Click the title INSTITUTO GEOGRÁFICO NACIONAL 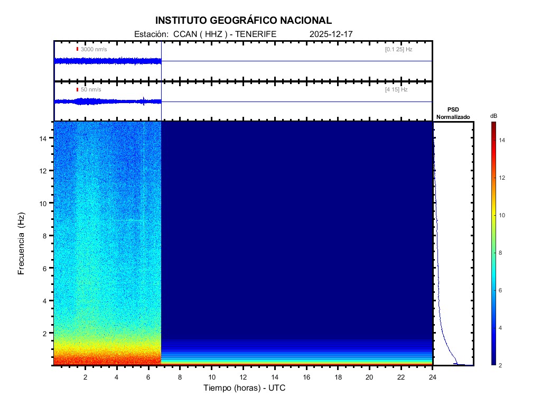coord(244,21)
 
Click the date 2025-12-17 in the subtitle coord(331,34)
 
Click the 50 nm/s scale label coord(91,90)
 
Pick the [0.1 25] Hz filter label coord(398,49)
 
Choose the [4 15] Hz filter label coord(396,90)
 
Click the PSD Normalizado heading coord(453,113)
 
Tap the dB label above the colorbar coord(493,116)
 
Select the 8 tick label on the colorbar coord(502,253)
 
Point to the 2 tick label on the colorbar coord(502,365)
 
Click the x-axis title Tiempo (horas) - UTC coord(245,388)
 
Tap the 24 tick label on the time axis coord(432,377)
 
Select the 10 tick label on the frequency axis coord(44,203)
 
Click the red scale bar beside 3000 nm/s coord(77,49)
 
